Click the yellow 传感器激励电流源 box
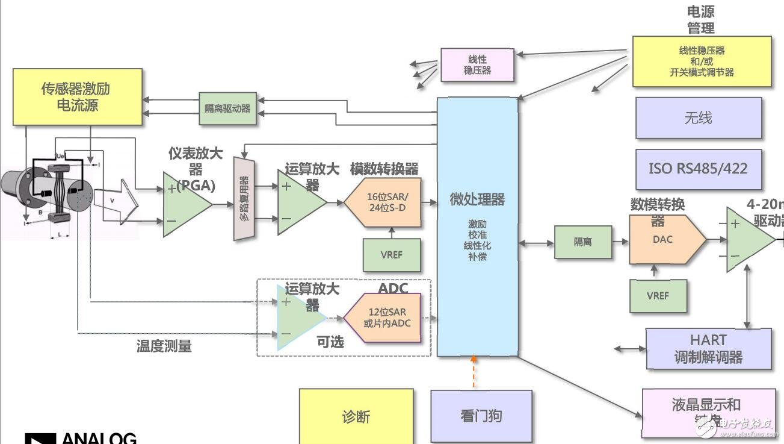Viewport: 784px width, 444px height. coord(78,97)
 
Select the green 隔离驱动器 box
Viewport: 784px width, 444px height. coord(227,109)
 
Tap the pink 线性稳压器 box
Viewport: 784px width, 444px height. coord(477,65)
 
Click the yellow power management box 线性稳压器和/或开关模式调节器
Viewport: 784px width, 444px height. coord(702,61)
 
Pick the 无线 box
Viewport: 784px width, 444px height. coord(698,118)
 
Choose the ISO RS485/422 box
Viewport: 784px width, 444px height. coord(698,169)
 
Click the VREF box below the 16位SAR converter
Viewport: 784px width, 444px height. coord(392,255)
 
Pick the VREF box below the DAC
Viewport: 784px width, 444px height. coord(658,296)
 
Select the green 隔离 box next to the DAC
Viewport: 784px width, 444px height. coord(582,242)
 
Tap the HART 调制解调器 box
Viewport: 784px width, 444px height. coord(708,349)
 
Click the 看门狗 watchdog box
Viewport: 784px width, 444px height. coord(481,416)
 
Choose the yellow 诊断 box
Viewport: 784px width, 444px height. coord(356,416)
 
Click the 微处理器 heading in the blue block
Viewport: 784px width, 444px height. coord(477,199)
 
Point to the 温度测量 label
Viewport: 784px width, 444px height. coord(164,346)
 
